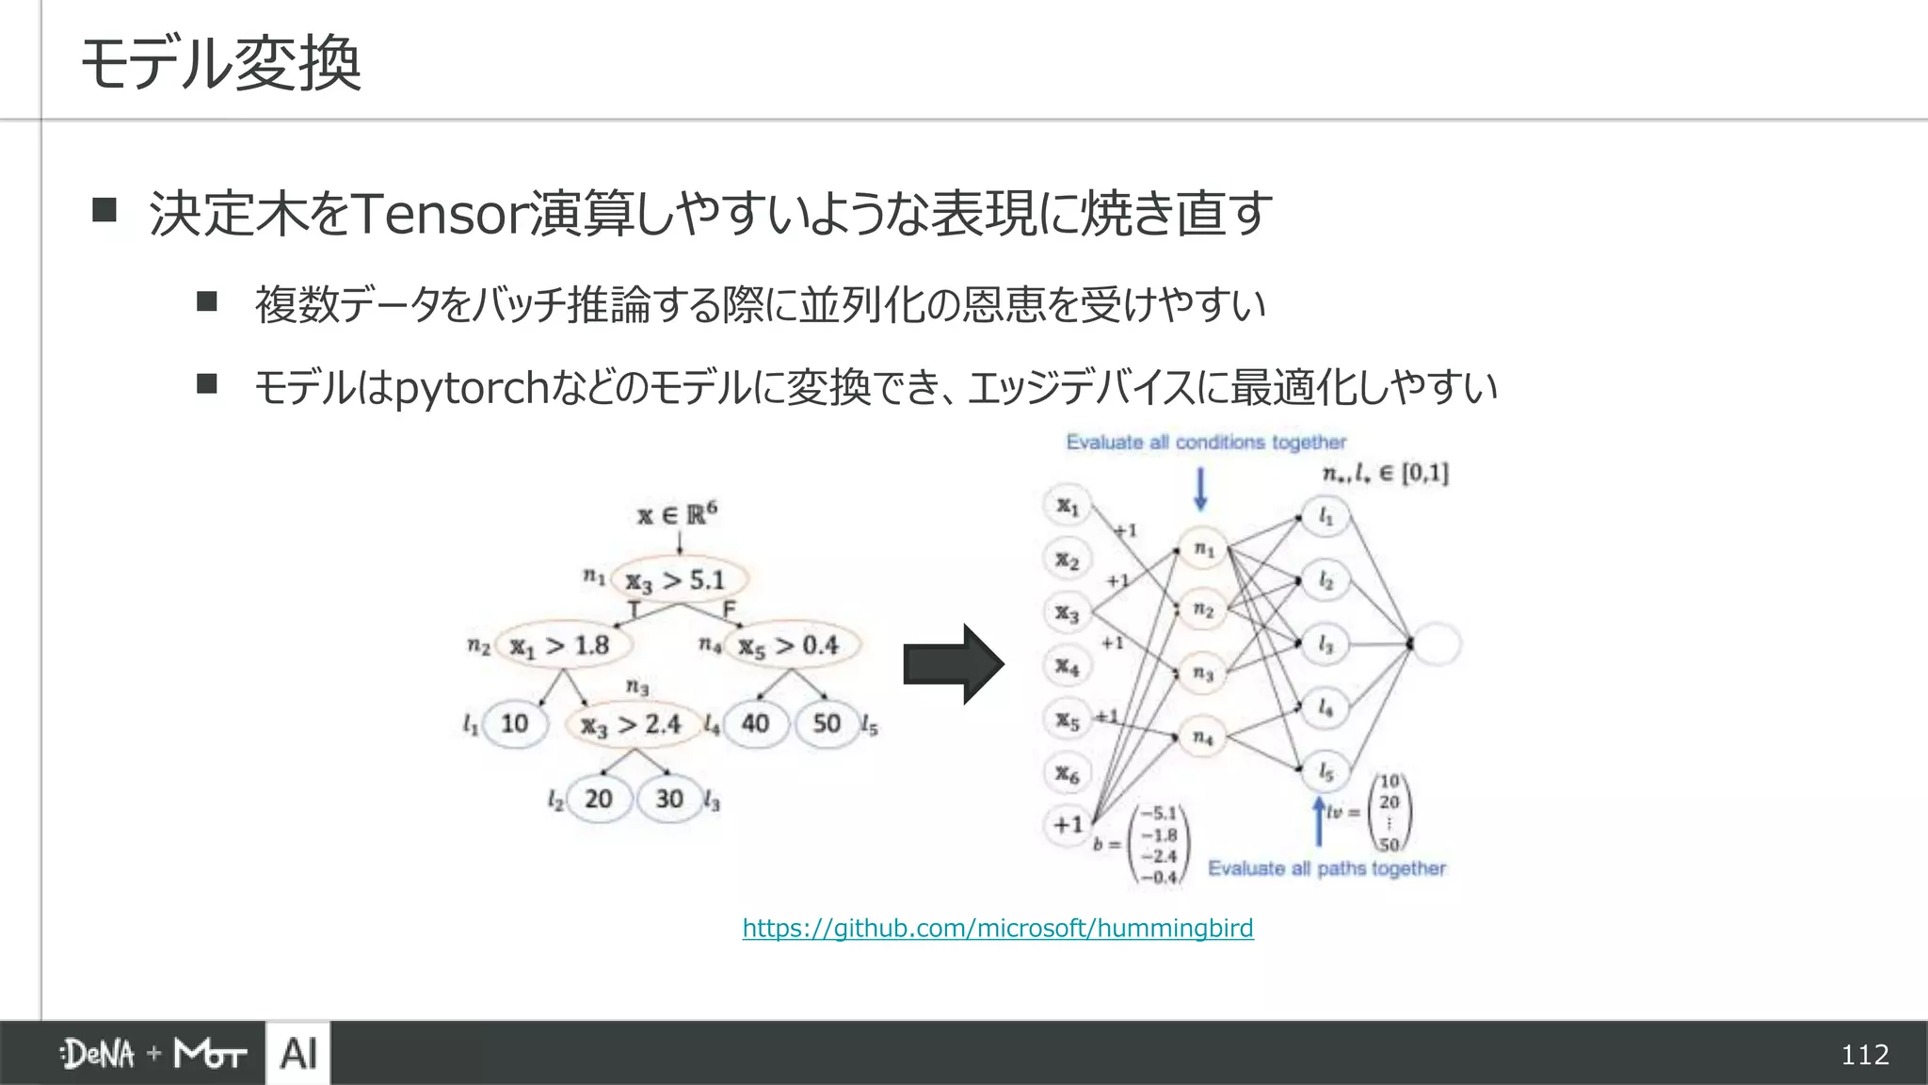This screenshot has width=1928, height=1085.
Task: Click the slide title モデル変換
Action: [x=221, y=64]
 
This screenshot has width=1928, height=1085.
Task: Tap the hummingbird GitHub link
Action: [x=997, y=929]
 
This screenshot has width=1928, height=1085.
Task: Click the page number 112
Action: [x=1864, y=1055]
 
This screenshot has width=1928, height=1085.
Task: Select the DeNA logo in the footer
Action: [x=98, y=1054]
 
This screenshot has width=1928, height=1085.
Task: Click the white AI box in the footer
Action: [x=298, y=1053]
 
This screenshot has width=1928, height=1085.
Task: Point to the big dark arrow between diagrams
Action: [x=952, y=665]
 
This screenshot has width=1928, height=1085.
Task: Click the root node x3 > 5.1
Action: [x=678, y=580]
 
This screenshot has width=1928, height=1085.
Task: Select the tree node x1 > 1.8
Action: [x=562, y=646]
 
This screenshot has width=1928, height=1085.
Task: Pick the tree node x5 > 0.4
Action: [x=790, y=646]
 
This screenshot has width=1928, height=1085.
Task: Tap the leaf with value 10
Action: [x=515, y=724]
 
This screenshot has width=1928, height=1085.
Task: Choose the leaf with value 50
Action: [x=827, y=724]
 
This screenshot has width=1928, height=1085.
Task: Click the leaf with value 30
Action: [x=669, y=800]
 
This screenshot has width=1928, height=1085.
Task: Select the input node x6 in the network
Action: [x=1067, y=774]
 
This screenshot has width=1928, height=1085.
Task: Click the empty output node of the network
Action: [x=1436, y=645]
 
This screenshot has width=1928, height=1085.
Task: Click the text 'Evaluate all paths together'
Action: [x=1326, y=868]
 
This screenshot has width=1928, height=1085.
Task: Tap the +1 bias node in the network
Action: [x=1068, y=825]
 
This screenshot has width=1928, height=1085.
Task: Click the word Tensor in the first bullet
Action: [x=438, y=214]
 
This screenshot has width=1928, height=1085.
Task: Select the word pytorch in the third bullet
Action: [x=471, y=387]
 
